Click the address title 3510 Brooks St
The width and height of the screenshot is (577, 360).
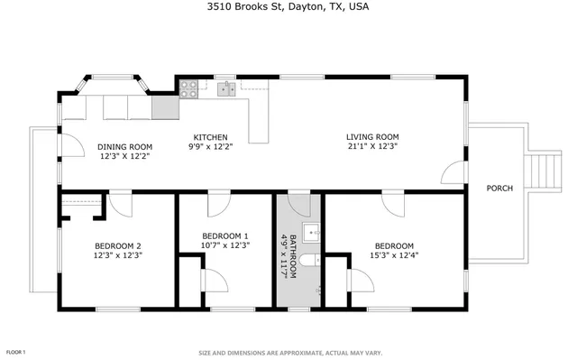coord(288,7)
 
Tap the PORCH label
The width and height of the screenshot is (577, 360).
coord(499,189)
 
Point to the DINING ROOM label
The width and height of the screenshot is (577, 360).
coord(124,146)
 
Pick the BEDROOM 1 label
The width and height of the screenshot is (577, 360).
coord(226,235)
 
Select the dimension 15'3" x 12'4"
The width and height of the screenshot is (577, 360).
coord(394,255)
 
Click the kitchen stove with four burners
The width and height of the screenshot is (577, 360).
coord(189,88)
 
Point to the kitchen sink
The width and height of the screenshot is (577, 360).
coord(224,88)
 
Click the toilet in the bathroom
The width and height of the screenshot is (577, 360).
coord(308,261)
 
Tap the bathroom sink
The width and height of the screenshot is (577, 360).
coord(313,233)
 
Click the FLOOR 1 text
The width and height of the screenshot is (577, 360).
coord(15,352)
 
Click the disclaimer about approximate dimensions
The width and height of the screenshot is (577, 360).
coord(288,353)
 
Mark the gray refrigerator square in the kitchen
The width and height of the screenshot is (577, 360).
coord(166,109)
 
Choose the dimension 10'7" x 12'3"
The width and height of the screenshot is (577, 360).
coord(226,245)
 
